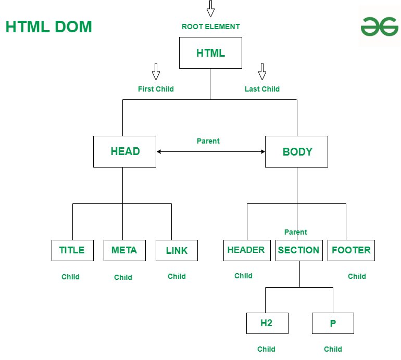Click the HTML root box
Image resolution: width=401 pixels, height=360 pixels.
point(210,53)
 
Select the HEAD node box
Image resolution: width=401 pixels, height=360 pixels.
point(124,151)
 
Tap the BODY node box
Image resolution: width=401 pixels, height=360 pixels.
point(296,151)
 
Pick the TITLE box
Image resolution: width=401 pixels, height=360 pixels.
point(72,250)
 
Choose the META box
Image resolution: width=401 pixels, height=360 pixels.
point(124,250)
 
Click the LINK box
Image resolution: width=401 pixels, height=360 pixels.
point(177,250)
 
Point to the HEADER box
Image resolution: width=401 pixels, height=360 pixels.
point(246,250)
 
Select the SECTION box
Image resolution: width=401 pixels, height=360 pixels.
point(299,250)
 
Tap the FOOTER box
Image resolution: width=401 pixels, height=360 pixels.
point(351,250)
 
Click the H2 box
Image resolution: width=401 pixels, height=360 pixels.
point(267,323)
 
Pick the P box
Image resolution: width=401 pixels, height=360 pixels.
point(333,323)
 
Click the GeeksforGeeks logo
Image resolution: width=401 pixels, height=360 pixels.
point(379,27)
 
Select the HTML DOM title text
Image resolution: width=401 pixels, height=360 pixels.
point(48,27)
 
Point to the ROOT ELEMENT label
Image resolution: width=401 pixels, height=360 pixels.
point(211,27)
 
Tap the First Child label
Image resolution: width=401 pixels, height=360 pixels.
point(156,89)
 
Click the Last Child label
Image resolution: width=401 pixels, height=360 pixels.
point(262,89)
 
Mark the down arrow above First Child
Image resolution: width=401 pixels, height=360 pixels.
point(156,71)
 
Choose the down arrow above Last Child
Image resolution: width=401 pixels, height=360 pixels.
point(262,71)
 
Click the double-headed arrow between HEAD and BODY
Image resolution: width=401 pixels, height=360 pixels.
point(210,151)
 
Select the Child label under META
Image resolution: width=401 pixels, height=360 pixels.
point(123,277)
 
